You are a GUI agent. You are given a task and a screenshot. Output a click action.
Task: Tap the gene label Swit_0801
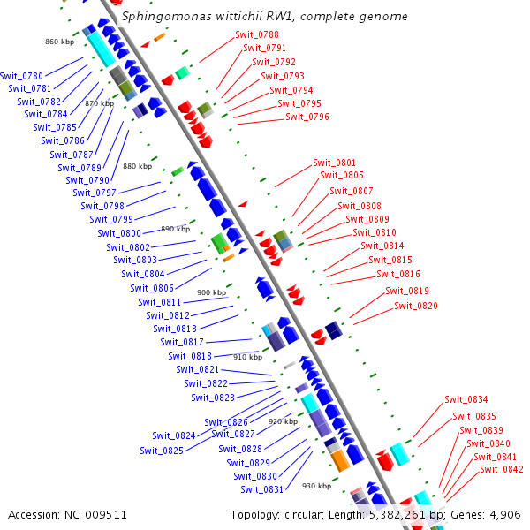point(335,163)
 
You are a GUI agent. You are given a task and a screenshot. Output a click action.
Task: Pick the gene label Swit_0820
point(415,306)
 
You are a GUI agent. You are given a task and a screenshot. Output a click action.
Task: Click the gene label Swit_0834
point(466,399)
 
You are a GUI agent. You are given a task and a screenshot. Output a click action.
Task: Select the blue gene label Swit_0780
point(22,76)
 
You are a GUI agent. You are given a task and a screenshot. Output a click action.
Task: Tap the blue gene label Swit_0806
point(152,288)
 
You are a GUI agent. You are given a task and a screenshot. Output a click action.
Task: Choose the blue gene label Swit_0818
point(190,356)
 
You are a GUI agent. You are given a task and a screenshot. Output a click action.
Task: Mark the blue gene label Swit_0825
point(162,450)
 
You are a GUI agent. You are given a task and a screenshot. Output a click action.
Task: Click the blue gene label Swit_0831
point(261,489)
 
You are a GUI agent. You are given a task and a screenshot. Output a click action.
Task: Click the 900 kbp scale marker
point(211,292)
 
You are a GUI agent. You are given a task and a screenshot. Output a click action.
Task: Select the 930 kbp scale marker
point(316,486)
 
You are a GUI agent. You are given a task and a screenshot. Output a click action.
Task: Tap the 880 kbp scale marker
point(137,166)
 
